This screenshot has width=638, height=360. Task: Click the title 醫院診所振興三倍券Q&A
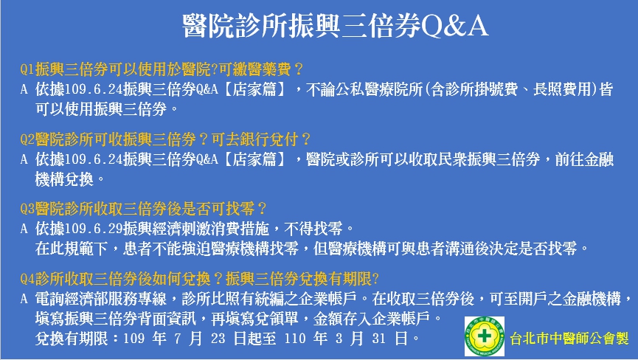[335, 26]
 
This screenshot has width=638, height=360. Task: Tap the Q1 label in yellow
[27, 69]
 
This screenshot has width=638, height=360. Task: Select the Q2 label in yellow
[27, 139]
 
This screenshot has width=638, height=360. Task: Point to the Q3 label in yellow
[27, 209]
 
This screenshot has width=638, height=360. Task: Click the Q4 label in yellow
[27, 279]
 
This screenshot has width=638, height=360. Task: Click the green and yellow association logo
[485, 336]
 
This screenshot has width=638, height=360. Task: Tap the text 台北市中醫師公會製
[569, 339]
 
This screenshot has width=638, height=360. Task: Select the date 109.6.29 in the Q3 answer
[94, 229]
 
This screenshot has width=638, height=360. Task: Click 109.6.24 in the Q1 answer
[94, 89]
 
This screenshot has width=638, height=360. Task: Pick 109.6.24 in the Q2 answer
[94, 159]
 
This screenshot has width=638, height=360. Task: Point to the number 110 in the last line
[295, 339]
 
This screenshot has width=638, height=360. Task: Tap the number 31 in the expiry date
[379, 339]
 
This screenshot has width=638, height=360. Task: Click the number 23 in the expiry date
[218, 339]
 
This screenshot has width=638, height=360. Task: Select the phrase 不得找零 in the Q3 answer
[313, 229]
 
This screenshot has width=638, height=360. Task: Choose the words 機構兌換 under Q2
[64, 179]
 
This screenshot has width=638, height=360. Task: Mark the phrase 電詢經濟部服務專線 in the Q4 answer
[101, 299]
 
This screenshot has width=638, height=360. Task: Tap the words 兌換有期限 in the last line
[72, 339]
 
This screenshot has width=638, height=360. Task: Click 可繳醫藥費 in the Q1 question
[255, 69]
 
